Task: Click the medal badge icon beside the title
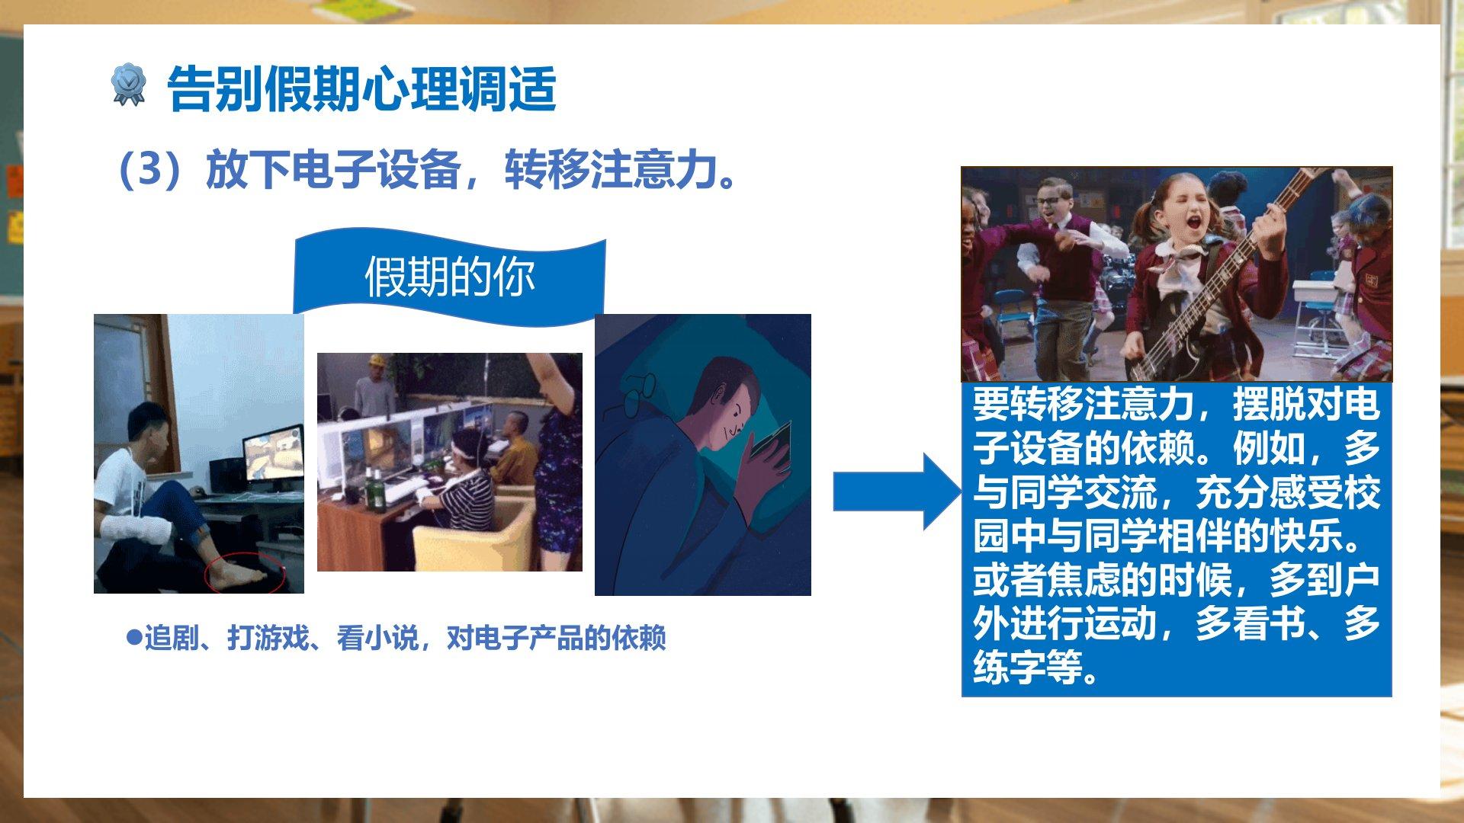click(127, 85)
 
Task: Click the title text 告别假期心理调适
click(361, 88)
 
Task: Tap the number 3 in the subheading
click(150, 169)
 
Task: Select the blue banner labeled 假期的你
click(449, 277)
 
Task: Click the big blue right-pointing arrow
click(897, 492)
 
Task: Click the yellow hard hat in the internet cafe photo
click(376, 360)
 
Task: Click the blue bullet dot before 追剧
click(134, 636)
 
